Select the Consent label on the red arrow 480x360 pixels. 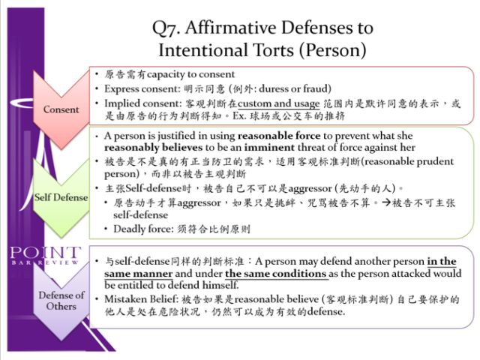[61, 109]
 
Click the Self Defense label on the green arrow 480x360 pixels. [61, 197]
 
